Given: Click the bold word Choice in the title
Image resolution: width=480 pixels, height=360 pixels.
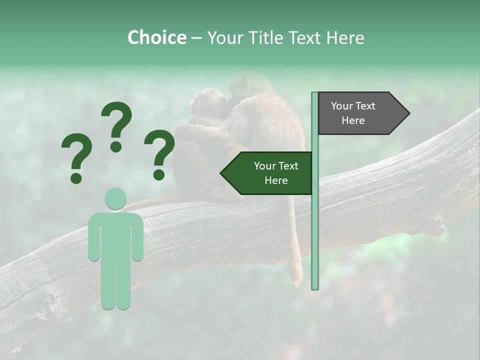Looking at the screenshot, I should click(156, 37).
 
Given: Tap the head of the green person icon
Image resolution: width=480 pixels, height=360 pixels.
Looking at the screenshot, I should click(115, 198).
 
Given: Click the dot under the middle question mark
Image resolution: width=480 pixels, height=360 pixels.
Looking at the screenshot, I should click(116, 146).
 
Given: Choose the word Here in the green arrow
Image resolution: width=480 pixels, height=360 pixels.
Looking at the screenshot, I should click(276, 180).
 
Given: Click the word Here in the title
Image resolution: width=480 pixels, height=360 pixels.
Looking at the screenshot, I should click(345, 37).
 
